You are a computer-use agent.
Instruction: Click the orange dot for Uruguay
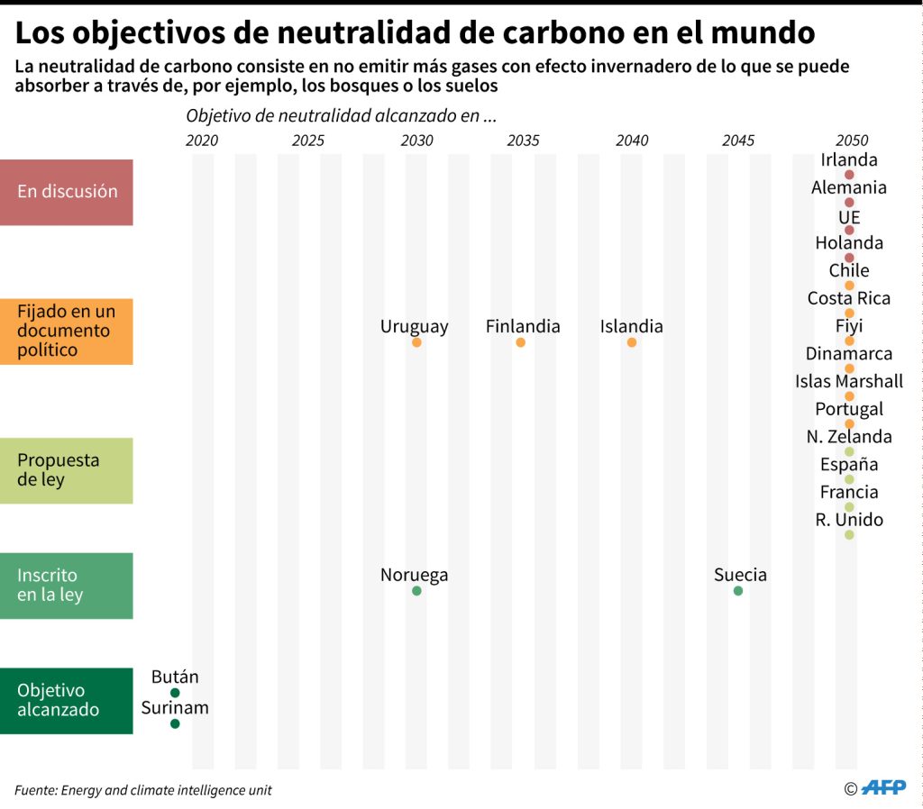click(x=416, y=342)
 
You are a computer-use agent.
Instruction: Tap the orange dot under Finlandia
click(x=520, y=342)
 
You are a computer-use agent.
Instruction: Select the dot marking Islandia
click(x=631, y=342)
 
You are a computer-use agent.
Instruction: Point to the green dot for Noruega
click(x=416, y=591)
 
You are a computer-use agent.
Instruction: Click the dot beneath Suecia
click(x=738, y=591)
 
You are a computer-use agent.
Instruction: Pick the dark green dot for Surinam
click(x=175, y=723)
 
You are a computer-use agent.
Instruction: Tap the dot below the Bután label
click(x=175, y=693)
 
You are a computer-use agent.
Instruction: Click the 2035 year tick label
click(x=524, y=141)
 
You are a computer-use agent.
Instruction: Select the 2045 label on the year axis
click(x=738, y=141)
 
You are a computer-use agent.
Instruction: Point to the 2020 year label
click(x=201, y=141)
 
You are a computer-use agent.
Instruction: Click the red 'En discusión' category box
click(x=67, y=192)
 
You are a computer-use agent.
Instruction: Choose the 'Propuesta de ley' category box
click(x=67, y=470)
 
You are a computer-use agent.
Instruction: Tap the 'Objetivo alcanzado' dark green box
click(x=67, y=700)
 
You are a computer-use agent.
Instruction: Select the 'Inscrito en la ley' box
click(x=67, y=585)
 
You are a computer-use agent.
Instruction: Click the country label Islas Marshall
click(x=849, y=381)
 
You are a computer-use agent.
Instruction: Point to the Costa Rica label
click(x=849, y=298)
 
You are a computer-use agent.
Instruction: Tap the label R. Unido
click(x=849, y=520)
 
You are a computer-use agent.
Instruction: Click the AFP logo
click(x=884, y=788)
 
